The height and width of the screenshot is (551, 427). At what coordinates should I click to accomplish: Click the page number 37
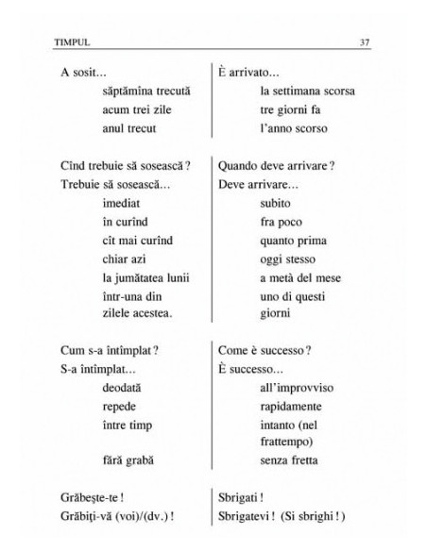coord(366,42)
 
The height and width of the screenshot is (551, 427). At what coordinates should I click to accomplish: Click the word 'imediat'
coord(121,204)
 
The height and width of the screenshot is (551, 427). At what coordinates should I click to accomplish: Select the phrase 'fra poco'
coord(280,222)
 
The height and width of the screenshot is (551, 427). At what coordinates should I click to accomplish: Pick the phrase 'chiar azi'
coord(126,258)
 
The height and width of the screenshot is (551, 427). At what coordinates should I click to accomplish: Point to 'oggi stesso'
coord(285,258)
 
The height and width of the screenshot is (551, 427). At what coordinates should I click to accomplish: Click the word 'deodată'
coord(123,389)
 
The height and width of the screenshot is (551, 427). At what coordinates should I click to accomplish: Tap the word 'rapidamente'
coord(292,407)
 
